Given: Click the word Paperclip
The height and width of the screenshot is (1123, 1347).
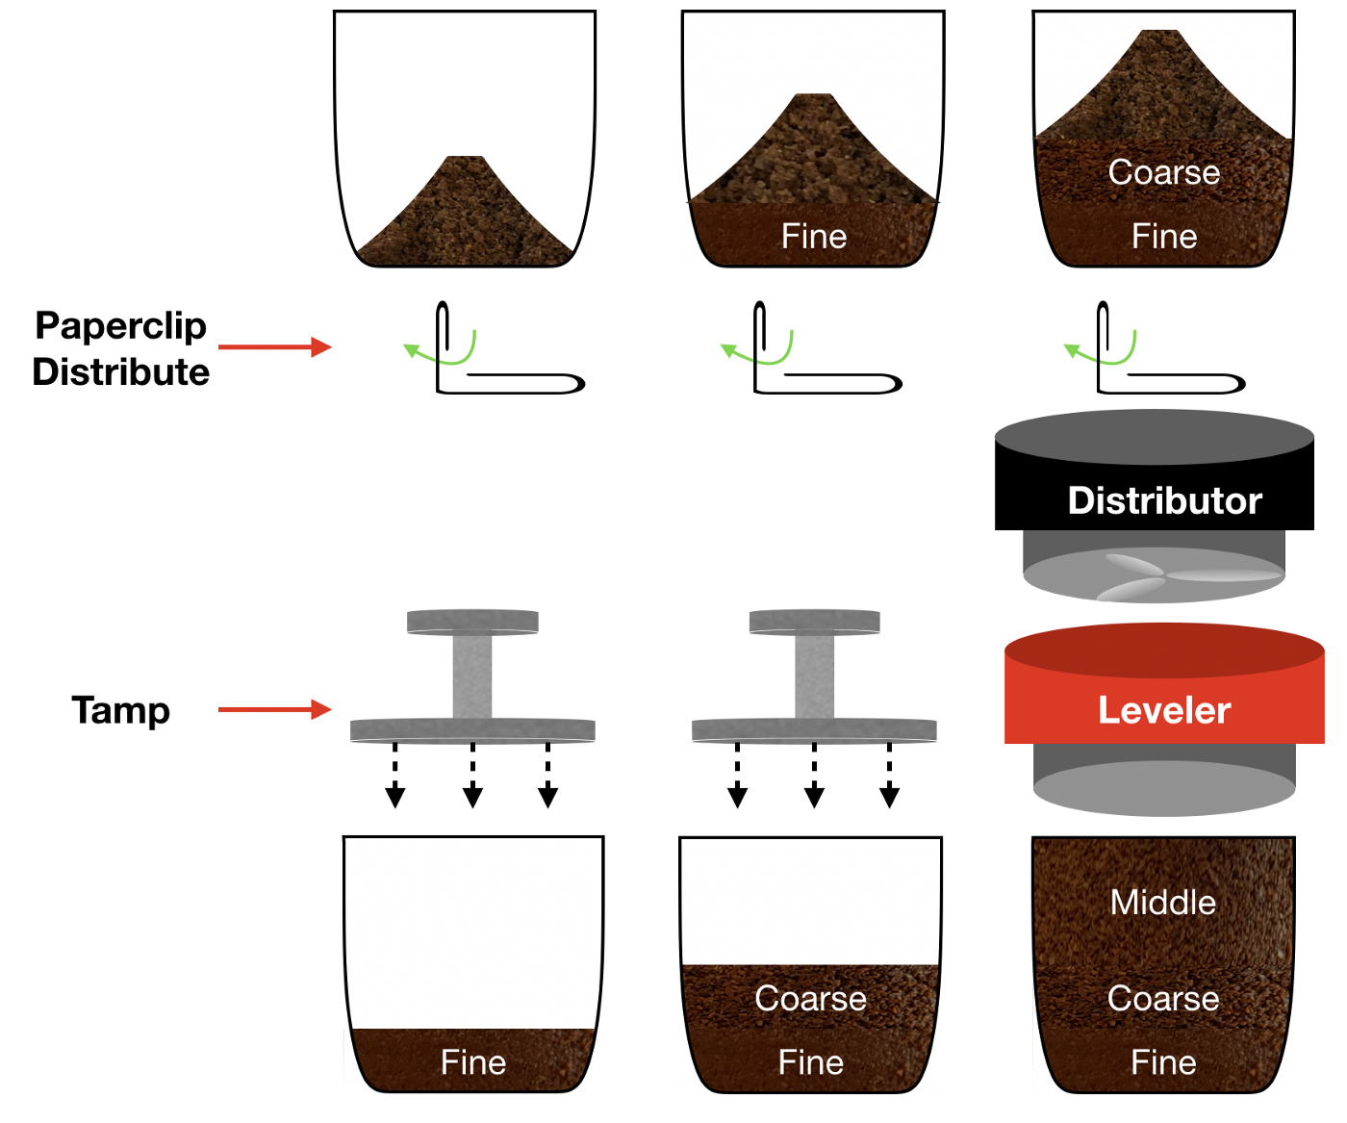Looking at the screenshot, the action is [120, 326].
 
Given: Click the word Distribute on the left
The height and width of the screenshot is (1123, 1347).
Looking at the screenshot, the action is [120, 372].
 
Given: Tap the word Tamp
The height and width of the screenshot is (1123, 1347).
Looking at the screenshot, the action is [120, 710].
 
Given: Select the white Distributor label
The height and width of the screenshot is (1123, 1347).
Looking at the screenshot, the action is [1164, 500].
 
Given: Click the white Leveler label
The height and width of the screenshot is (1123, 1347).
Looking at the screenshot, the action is [1164, 710].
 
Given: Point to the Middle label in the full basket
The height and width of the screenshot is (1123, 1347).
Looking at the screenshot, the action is [1163, 902].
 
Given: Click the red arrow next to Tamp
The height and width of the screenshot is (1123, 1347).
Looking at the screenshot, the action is [275, 709].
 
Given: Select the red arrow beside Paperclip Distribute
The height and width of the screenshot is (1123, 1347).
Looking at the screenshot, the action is [275, 346].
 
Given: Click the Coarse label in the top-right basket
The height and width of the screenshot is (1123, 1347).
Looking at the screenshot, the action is [1164, 172].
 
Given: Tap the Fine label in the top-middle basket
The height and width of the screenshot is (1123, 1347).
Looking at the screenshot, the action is [814, 236].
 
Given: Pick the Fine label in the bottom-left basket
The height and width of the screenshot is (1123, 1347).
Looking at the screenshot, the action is [473, 1062].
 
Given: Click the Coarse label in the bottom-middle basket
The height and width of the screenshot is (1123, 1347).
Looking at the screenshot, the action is [811, 999].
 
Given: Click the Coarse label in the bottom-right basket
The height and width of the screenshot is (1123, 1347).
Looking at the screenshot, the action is [1163, 999].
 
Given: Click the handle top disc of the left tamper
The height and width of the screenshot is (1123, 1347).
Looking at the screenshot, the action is [472, 622].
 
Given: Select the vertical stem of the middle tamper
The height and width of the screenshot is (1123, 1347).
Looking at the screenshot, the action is [814, 676].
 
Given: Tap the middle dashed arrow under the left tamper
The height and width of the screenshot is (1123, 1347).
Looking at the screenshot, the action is [472, 775].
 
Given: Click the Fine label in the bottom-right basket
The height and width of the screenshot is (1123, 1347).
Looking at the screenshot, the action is [1164, 1062].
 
